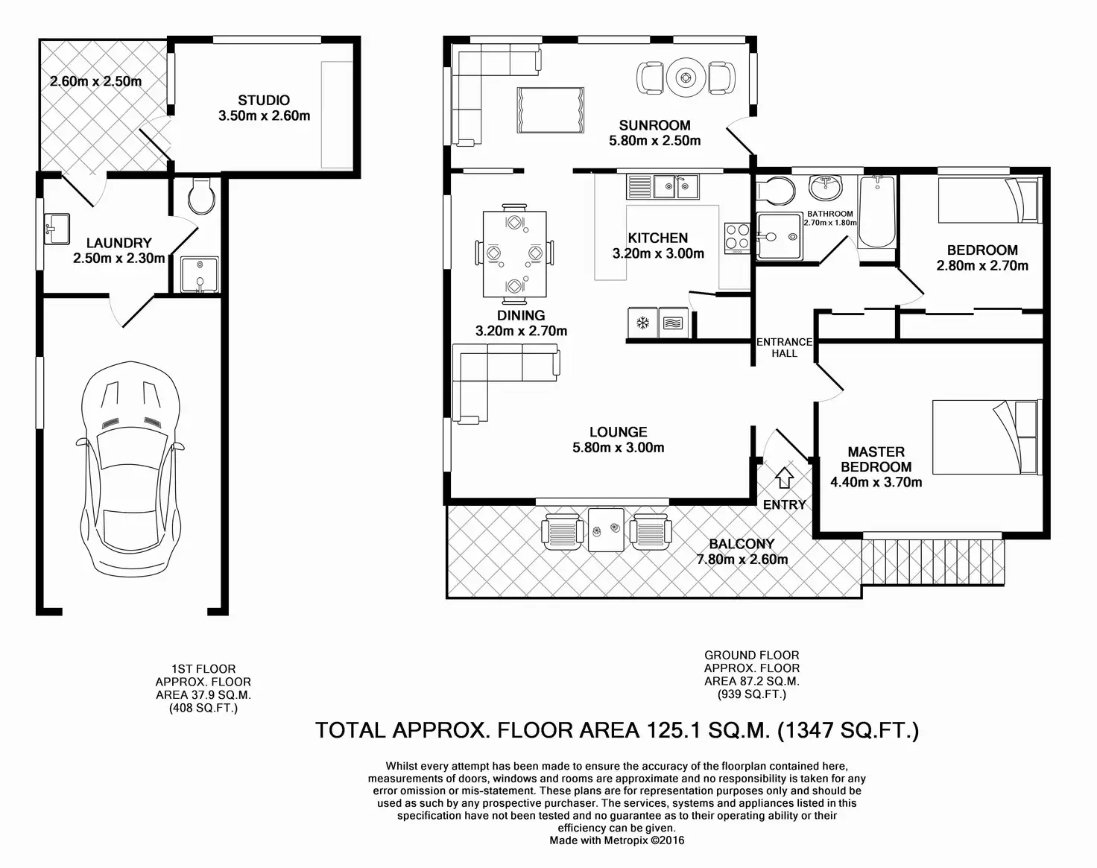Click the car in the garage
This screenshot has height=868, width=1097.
point(130,469)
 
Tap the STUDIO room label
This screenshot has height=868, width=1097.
point(264,101)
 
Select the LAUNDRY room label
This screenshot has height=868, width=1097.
point(118,243)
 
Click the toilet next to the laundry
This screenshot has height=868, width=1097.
point(201,196)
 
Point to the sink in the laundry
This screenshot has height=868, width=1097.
point(57,229)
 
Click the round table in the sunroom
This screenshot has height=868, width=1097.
point(685,78)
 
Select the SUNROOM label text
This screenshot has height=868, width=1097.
point(654,125)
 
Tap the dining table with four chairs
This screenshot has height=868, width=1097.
point(514,254)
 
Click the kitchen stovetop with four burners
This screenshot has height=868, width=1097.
point(737,238)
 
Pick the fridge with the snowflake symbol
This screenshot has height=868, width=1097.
point(642,323)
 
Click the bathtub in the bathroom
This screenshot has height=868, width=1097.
point(877,212)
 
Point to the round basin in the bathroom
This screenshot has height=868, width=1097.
point(825,189)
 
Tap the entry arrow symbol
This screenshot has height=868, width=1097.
point(784,478)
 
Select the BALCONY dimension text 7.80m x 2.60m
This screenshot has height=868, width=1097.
point(742,559)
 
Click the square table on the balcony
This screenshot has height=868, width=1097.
point(606,530)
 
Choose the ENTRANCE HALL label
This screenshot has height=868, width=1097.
point(784,348)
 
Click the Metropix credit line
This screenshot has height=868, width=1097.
point(617,840)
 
